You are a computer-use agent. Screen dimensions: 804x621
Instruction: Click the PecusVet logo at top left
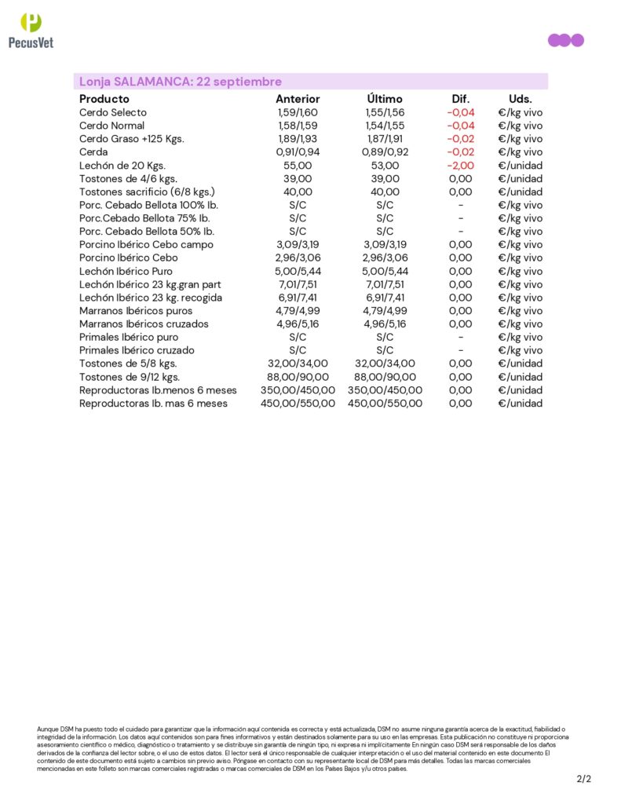coord(31,31)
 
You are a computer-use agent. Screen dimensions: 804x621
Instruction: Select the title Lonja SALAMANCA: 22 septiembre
coord(180,82)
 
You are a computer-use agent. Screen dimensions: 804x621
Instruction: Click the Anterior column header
coord(298,99)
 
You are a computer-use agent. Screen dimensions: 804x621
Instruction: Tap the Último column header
coord(385,99)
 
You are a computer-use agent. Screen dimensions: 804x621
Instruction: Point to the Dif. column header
coord(460,99)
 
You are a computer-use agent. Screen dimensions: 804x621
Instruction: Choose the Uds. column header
coord(520,99)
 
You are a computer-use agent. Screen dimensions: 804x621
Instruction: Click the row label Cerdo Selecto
coord(112,112)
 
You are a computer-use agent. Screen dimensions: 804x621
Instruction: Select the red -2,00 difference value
coord(460,166)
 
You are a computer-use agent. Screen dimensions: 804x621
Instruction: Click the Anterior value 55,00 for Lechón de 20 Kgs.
coord(298,166)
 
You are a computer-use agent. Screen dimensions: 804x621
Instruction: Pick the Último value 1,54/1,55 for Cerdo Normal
coord(385,126)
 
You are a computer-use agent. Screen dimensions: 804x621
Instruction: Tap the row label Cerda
coord(93,152)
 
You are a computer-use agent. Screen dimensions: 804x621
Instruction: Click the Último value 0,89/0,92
coord(385,152)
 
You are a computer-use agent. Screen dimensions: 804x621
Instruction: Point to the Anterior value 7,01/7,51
coord(298,284)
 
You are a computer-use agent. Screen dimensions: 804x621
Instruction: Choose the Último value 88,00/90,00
coord(385,377)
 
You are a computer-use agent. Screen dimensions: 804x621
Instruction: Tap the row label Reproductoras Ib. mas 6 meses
coord(153,404)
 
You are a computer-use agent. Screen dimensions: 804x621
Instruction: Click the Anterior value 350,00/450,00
coord(298,390)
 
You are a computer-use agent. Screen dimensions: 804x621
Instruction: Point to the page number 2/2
coord(583,780)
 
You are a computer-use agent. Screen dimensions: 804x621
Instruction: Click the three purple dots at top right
coord(565,40)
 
